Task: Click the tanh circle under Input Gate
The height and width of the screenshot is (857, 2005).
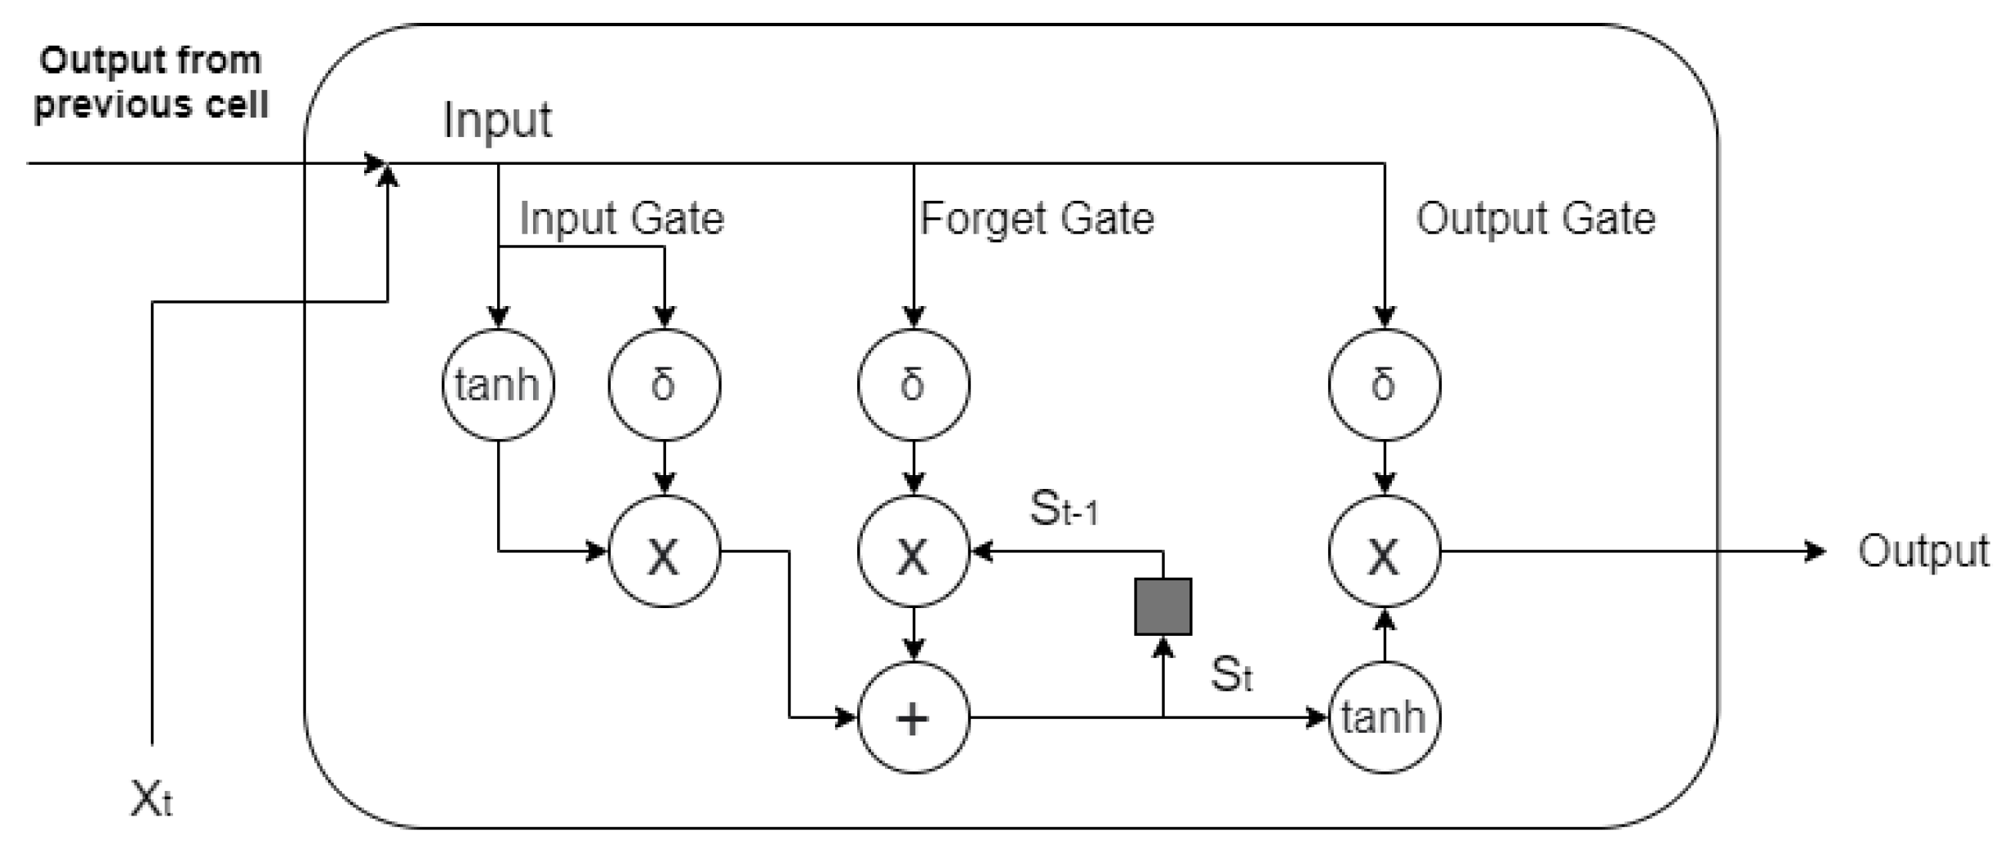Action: pos(498,384)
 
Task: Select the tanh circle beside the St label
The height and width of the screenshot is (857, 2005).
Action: pos(1384,717)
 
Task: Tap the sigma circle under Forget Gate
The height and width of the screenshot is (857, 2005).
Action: pos(914,384)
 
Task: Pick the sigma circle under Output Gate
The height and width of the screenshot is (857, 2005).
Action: pos(1384,384)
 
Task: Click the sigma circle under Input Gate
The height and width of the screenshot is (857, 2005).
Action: pos(665,384)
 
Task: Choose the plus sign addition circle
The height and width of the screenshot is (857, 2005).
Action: pos(914,717)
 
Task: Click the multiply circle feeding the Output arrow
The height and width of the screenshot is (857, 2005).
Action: pos(1384,552)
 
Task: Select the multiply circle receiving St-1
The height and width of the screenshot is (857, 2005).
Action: pos(914,552)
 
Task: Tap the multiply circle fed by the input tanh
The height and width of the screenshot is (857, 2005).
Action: pos(665,552)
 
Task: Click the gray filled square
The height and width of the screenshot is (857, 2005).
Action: pos(1163,606)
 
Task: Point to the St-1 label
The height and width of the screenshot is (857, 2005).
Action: pos(1064,510)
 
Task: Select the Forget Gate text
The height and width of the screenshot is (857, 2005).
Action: pos(1037,219)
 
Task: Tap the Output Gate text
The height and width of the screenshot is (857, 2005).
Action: pos(1536,219)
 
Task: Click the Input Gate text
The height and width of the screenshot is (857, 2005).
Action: pos(621,219)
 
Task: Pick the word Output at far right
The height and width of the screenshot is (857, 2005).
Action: pos(1923,552)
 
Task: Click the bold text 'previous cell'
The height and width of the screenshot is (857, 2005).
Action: pos(151,104)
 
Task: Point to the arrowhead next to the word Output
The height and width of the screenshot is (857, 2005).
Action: pos(1815,552)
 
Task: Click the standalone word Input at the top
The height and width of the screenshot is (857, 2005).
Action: pos(497,121)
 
